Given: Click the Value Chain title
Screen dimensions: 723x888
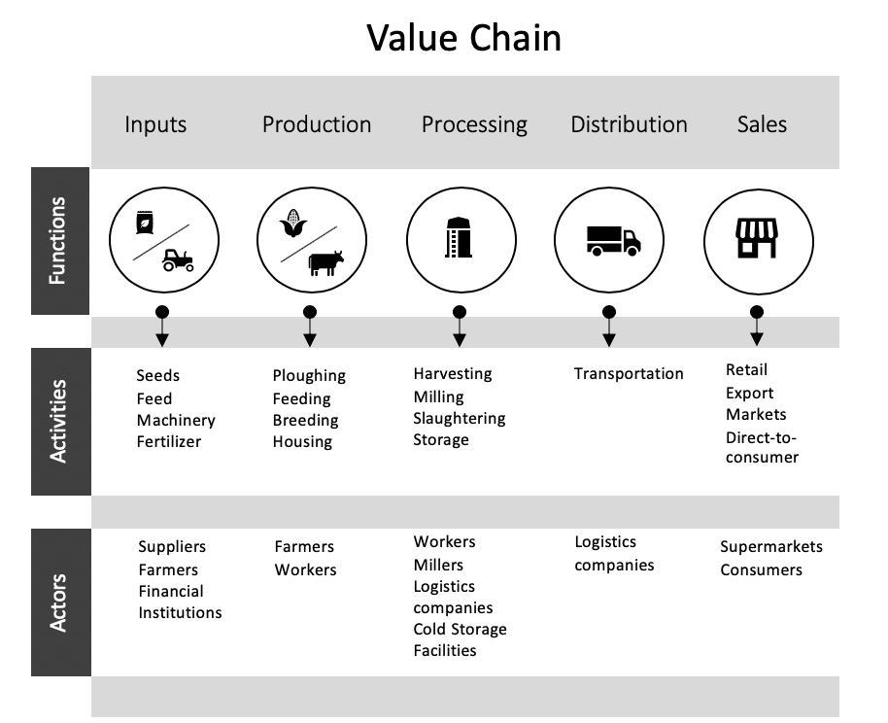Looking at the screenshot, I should [464, 38].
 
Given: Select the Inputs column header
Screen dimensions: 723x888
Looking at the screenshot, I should [155, 124].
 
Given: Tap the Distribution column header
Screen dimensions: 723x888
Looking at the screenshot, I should [629, 124].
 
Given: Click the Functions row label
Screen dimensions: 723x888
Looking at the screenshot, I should [58, 241].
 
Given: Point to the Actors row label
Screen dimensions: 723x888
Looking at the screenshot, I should [58, 602].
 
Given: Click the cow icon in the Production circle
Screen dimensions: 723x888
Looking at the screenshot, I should [325, 262].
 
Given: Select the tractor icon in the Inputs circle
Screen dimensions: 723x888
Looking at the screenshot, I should [178, 259].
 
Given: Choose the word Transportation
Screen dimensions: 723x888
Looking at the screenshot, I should [629, 374].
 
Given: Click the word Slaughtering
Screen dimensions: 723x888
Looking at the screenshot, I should [460, 419].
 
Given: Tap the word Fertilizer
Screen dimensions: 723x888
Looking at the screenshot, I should [169, 442].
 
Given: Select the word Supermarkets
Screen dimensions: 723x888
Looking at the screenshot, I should [771, 547].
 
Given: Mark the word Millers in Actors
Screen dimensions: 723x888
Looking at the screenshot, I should [438, 566].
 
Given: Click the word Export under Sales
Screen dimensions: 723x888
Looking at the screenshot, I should [749, 394].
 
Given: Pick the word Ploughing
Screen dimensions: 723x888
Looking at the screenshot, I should [309, 376].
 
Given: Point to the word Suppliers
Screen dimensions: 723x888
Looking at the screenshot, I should [172, 547].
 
